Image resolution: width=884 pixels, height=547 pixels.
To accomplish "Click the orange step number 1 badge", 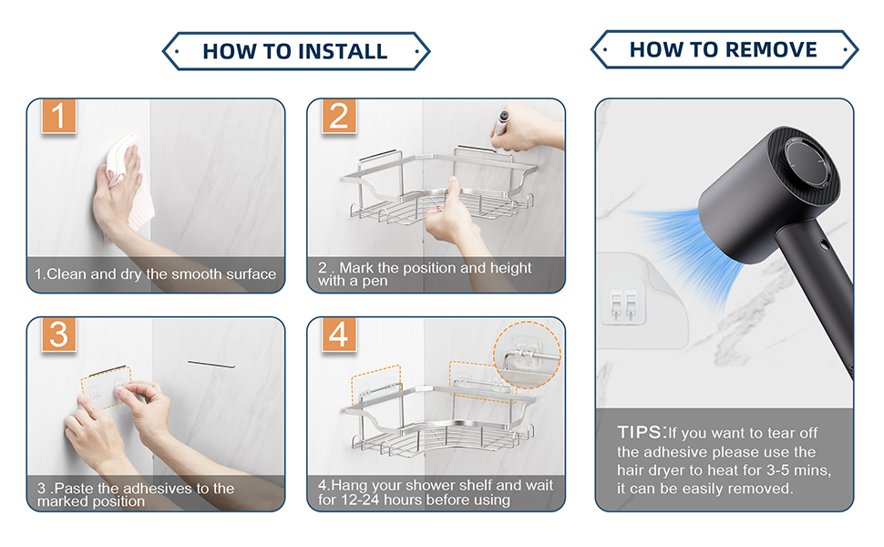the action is pyautogui.click(x=58, y=116).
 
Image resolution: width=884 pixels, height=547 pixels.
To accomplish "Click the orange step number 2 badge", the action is pyautogui.click(x=339, y=116).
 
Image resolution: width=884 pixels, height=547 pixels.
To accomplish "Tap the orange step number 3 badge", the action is pyautogui.click(x=58, y=334).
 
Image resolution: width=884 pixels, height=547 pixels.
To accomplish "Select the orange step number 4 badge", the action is pyautogui.click(x=339, y=334).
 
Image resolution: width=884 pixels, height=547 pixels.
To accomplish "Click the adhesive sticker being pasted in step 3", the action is pyautogui.click(x=107, y=388).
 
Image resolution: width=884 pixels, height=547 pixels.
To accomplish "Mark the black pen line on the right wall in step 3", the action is pyautogui.click(x=211, y=365).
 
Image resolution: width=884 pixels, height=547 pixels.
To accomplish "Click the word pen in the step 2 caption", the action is pyautogui.click(x=375, y=282).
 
